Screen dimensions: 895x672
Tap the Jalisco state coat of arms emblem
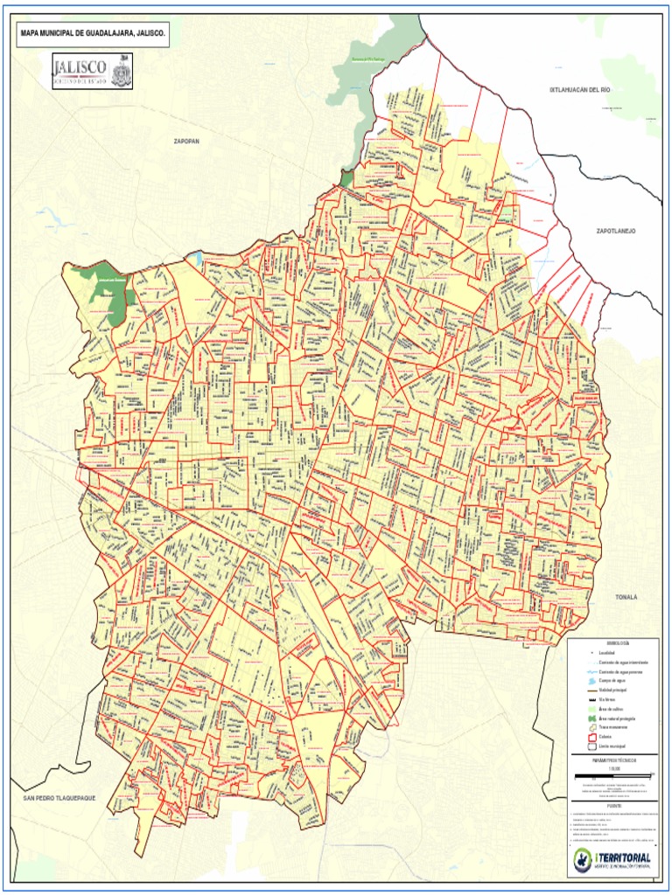[x=121, y=70]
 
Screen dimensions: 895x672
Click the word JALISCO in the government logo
[x=80, y=67]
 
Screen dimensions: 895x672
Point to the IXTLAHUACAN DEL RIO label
[x=578, y=89]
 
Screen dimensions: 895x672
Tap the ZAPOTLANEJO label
[x=616, y=231]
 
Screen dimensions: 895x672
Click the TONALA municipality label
[x=626, y=597]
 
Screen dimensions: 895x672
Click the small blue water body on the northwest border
[x=199, y=258]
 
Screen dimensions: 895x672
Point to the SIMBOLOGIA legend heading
[x=612, y=642]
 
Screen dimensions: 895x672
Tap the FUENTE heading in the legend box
[x=612, y=806]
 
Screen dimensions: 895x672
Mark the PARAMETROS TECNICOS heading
[x=612, y=760]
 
